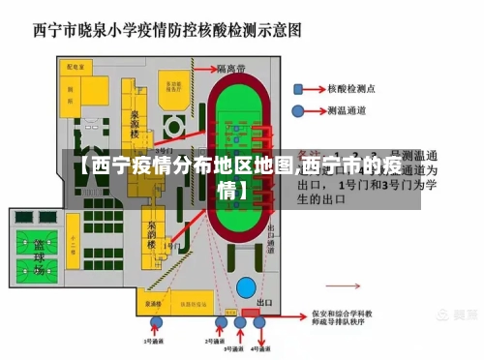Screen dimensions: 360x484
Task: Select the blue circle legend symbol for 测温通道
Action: (305, 111)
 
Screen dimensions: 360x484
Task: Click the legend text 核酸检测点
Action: (355, 88)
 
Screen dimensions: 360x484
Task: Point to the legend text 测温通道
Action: (348, 111)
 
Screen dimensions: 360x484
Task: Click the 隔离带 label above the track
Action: (232, 69)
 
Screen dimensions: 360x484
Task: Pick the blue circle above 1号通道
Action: (154, 323)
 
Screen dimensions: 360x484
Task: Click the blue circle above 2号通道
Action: (221, 322)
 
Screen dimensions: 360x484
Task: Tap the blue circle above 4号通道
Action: (258, 322)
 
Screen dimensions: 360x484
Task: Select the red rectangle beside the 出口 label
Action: (259, 315)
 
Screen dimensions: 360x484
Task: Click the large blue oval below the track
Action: (247, 287)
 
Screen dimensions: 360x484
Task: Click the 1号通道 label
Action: (154, 342)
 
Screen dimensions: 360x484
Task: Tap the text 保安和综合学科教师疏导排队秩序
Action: (349, 319)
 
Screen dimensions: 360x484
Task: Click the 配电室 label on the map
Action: (71, 69)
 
